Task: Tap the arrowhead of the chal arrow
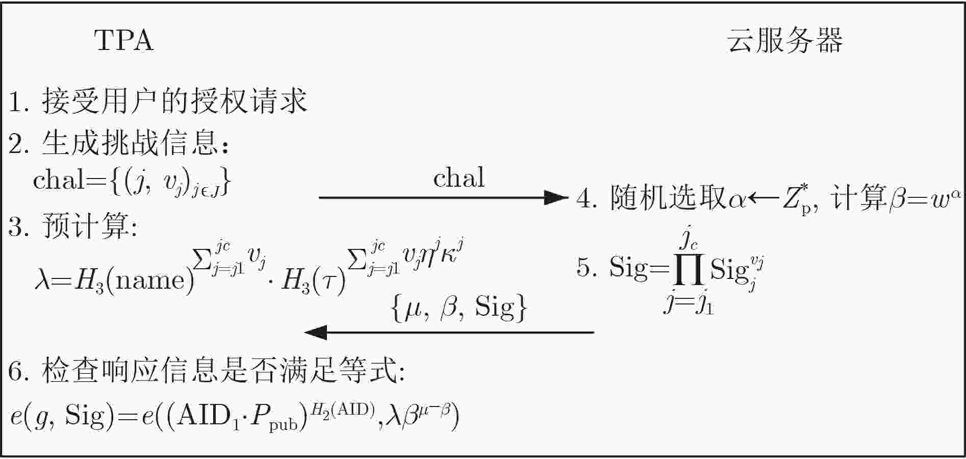556,197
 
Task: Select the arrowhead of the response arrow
316,333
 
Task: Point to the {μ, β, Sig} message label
459,309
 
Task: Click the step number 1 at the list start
16,102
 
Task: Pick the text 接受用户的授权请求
174,100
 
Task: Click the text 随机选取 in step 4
668,198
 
